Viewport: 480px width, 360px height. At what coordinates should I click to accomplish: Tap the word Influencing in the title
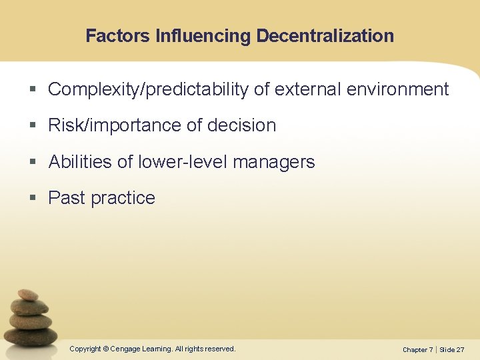pos(203,36)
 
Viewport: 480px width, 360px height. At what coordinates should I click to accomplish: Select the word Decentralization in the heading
pos(325,36)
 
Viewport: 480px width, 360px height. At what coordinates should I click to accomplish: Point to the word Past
pos(67,198)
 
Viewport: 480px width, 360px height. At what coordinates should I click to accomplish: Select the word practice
pos(123,198)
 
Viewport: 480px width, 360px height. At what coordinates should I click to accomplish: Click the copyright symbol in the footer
pos(105,349)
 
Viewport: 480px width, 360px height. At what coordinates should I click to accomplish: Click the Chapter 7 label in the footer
pos(418,349)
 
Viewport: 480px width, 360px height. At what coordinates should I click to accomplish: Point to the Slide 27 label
pos(452,349)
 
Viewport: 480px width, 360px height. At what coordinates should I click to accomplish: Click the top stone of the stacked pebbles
pos(27,295)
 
